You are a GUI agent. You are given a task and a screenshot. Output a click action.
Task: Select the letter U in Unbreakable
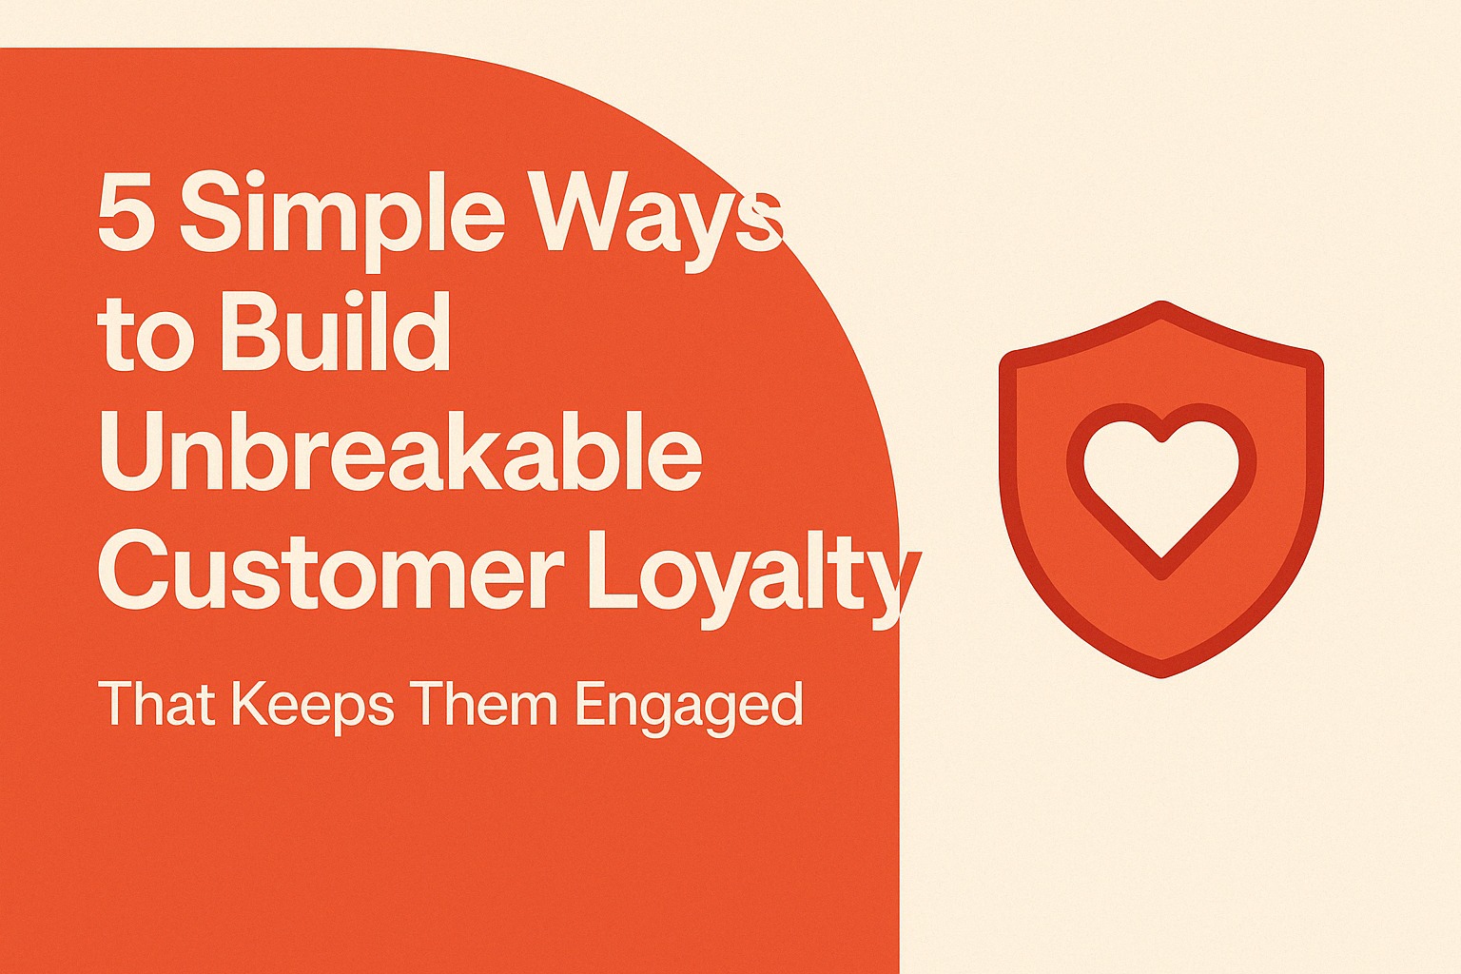pos(132,452)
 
